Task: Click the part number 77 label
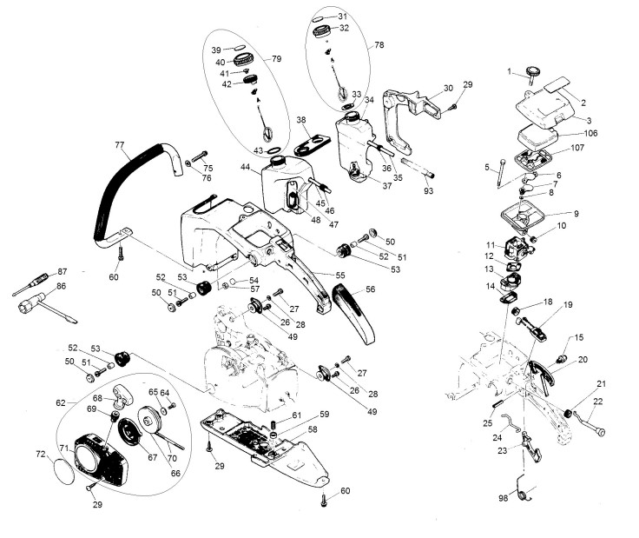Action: point(119,145)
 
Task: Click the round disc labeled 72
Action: point(64,471)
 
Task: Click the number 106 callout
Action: point(590,133)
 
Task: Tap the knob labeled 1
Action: point(532,74)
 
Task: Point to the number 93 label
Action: point(428,191)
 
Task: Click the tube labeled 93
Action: point(418,168)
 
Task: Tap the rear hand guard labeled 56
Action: point(353,313)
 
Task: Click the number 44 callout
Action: point(246,167)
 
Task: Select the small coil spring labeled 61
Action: point(273,424)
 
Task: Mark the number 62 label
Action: point(61,403)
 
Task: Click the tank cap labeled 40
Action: point(244,60)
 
